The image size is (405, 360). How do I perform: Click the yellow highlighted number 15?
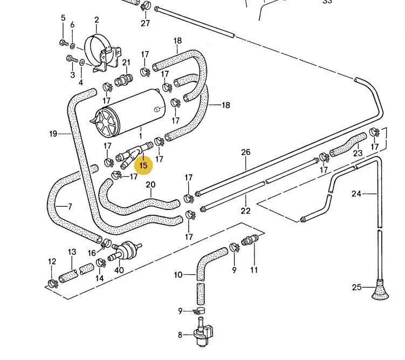pos(143,165)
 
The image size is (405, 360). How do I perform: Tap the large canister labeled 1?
pos(131,112)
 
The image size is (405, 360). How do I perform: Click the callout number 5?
pos(63,18)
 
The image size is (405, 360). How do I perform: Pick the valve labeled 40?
pos(127,250)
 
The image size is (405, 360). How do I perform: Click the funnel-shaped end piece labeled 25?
pos(380,289)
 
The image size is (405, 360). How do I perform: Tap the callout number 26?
pos(245,152)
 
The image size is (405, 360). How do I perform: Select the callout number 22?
pos(245,210)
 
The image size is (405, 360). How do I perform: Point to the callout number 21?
pos(126,63)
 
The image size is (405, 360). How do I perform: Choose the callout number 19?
pos(53,134)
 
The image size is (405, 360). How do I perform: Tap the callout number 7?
pos(70,207)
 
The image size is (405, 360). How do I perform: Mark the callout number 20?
pos(150,185)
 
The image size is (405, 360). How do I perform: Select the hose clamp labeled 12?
pos(53,283)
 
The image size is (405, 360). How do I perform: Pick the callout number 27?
pos(145,23)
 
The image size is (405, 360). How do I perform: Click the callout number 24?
pos(356,193)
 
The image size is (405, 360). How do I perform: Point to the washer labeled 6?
pos(73,46)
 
